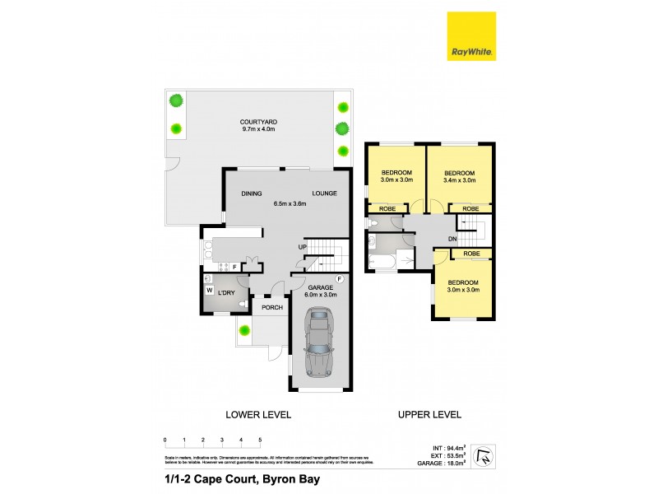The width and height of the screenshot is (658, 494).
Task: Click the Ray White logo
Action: (471, 36)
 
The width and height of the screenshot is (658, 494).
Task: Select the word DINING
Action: (251, 193)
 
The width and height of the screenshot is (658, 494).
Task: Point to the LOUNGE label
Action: (323, 193)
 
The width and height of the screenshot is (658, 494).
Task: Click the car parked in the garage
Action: (318, 343)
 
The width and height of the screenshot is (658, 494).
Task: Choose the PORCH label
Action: (272, 307)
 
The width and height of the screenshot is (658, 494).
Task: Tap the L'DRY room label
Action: (226, 293)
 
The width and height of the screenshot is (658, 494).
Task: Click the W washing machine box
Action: (209, 290)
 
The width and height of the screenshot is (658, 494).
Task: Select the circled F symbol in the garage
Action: (339, 280)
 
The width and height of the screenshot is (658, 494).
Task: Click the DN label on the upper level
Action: (452, 240)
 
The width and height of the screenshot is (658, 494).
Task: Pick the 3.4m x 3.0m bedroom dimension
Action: (459, 179)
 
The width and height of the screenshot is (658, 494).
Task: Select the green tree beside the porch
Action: (244, 331)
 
